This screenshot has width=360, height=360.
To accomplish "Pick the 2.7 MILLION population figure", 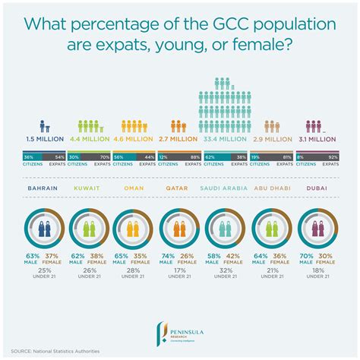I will (x=179, y=140).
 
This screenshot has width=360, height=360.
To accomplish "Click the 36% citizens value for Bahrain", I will (x=27, y=156).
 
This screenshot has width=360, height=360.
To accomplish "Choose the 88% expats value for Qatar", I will (x=195, y=156).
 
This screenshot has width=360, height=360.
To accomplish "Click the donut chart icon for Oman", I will (x=134, y=226).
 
